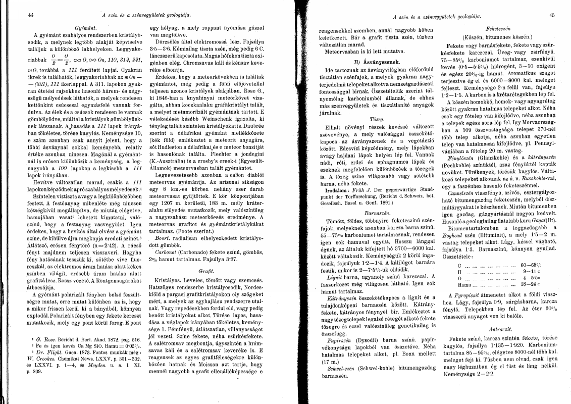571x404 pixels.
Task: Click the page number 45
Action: point(552,15)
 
